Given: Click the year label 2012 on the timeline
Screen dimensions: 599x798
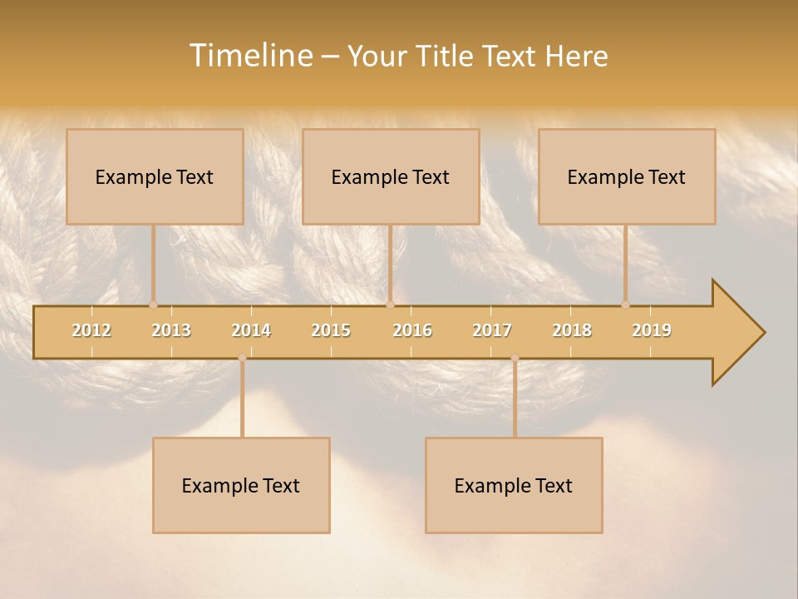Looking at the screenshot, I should coord(91,330).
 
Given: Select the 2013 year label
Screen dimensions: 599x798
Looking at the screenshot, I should coord(171,330).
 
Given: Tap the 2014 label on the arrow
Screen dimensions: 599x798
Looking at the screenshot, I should coord(251,330).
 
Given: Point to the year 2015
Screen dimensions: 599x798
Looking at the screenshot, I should coord(331,330).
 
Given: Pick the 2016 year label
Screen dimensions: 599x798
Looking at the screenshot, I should coord(412,330).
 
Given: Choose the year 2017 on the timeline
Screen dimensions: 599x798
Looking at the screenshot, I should coord(492,330).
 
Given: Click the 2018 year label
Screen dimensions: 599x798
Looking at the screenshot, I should coord(572,330).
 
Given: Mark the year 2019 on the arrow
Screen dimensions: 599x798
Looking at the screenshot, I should coord(652,330).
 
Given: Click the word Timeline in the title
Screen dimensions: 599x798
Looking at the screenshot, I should coord(249,56).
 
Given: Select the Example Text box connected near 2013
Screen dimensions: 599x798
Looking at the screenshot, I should coord(155,176).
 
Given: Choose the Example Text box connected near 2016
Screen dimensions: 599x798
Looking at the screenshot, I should coord(391,176).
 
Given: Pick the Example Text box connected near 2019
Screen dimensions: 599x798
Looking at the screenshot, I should coord(627,176).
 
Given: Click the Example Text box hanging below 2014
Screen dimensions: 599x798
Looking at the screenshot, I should coord(241,485).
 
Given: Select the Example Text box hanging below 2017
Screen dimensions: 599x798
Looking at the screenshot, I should coord(514,485).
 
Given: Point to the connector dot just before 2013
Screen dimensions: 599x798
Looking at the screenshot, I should coord(153,304).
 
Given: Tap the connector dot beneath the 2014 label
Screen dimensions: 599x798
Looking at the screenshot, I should coord(242,358).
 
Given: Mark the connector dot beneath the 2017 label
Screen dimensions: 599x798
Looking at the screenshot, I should coord(515,358).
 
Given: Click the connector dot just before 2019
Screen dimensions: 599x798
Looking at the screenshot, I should coord(625,304).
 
